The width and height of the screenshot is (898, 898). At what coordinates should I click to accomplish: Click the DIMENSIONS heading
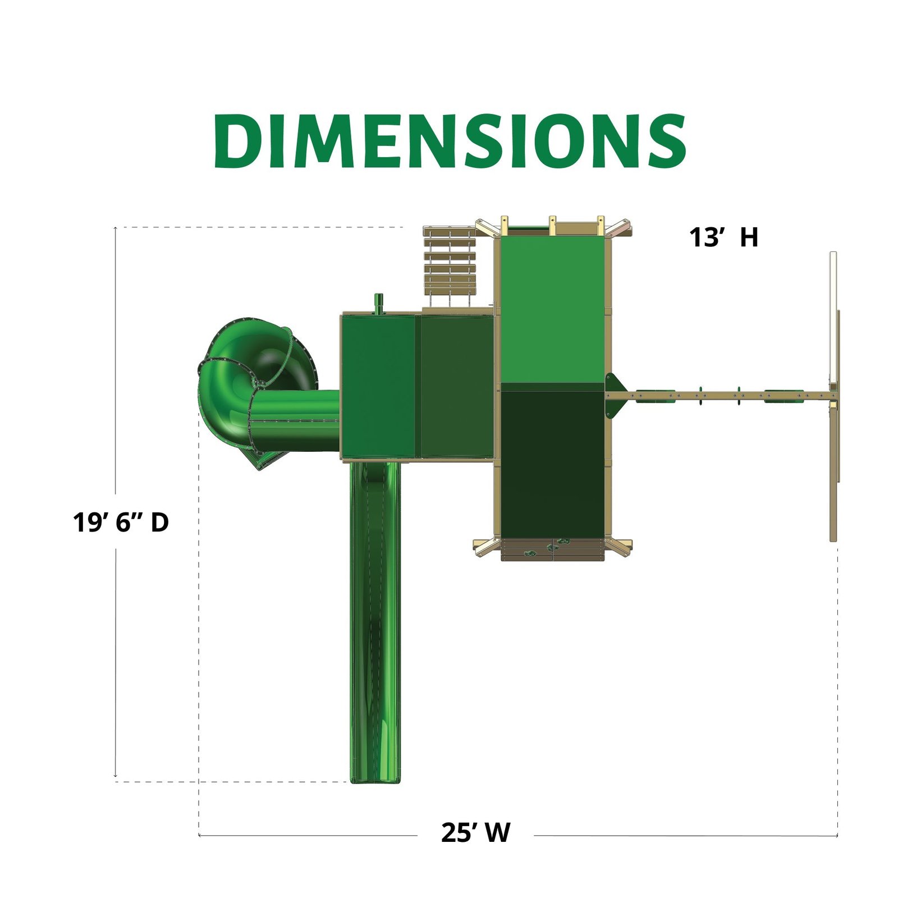pyautogui.click(x=450, y=140)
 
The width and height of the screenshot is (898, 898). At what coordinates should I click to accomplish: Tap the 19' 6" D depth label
pyautogui.click(x=121, y=523)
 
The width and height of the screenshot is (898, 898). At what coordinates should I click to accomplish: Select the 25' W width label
pyautogui.click(x=476, y=833)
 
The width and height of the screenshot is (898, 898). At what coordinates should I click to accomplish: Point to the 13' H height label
pyautogui.click(x=723, y=237)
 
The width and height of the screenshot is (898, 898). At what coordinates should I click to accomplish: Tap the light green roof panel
pyautogui.click(x=553, y=310)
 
